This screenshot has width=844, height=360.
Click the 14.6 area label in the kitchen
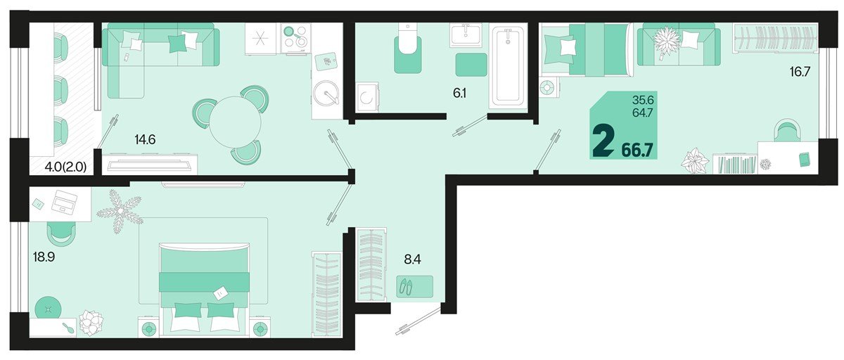point(145,140)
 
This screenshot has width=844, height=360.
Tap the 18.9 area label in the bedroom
point(44,257)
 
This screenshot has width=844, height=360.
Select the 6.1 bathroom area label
point(460,93)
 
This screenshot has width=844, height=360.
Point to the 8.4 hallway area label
point(412,259)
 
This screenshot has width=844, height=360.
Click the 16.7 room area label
point(800,72)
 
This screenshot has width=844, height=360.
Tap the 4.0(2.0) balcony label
point(65,167)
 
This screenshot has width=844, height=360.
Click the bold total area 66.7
point(637,150)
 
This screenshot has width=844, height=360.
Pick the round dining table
point(235,122)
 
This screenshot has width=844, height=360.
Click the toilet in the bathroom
point(407,47)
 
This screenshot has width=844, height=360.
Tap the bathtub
point(508,67)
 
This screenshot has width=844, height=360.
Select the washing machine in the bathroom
point(367,97)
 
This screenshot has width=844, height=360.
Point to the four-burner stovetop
point(296,39)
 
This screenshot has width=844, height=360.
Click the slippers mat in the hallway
point(414,287)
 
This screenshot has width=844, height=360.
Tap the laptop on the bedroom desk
point(65,202)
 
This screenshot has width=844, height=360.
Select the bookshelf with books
point(735,164)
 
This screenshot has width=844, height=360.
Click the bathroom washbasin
point(466,34)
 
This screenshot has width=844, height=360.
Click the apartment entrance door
point(418,321)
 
